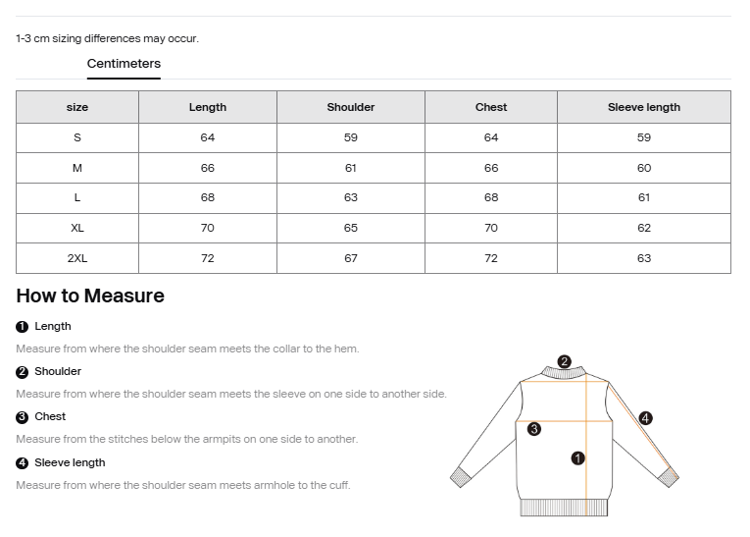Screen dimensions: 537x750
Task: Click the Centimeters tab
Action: (124, 64)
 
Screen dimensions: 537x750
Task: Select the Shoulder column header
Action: (351, 107)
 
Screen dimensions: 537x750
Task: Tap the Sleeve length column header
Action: (643, 107)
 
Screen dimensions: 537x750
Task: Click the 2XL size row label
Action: (77, 258)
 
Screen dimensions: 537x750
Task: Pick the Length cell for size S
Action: (208, 137)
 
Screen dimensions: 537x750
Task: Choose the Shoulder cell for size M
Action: (351, 168)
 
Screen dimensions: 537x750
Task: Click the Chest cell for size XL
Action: (491, 228)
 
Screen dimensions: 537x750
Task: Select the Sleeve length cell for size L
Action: (643, 197)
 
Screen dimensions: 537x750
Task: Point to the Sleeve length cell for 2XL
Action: (643, 258)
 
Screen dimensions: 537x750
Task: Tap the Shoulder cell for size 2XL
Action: (351, 258)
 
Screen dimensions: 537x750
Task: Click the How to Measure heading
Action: (90, 295)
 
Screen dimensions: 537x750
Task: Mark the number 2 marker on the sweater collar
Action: (564, 361)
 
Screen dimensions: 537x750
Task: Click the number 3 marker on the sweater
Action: (533, 429)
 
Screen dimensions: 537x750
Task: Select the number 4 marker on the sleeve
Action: (645, 418)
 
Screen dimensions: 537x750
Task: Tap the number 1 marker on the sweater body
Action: (577, 457)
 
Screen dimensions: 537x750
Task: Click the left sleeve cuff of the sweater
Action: (461, 477)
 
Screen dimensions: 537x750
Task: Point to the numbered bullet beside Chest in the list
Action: (22, 417)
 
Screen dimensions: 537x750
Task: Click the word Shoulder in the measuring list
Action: (58, 371)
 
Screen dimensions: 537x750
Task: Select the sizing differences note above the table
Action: (108, 39)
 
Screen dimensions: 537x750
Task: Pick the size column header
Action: (77, 107)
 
